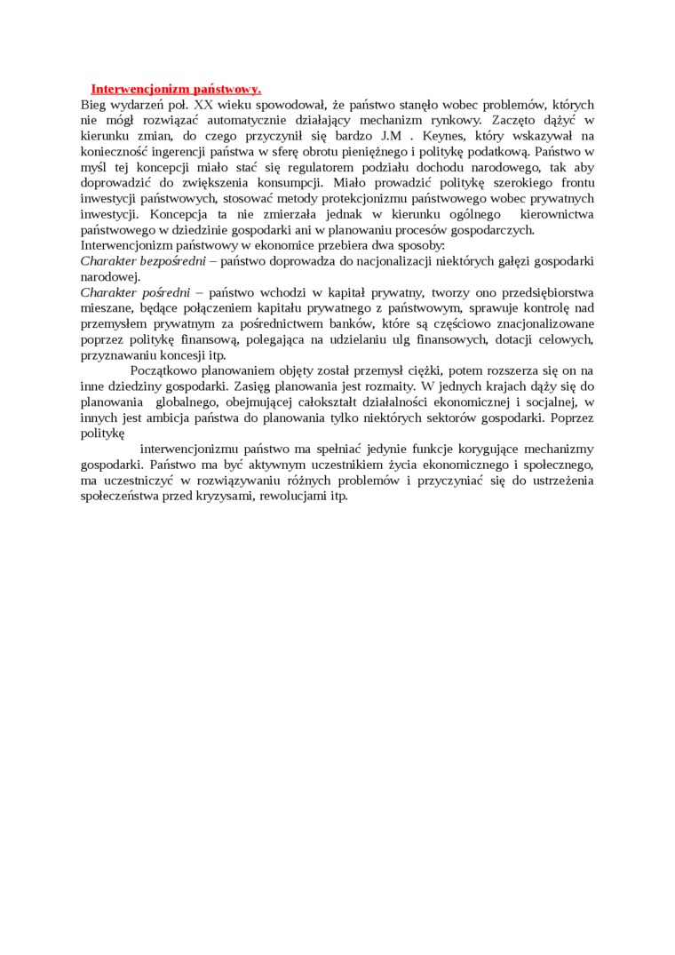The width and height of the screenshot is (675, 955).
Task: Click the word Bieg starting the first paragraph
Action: tap(93, 104)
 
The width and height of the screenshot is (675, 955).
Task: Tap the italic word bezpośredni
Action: tap(174, 260)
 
